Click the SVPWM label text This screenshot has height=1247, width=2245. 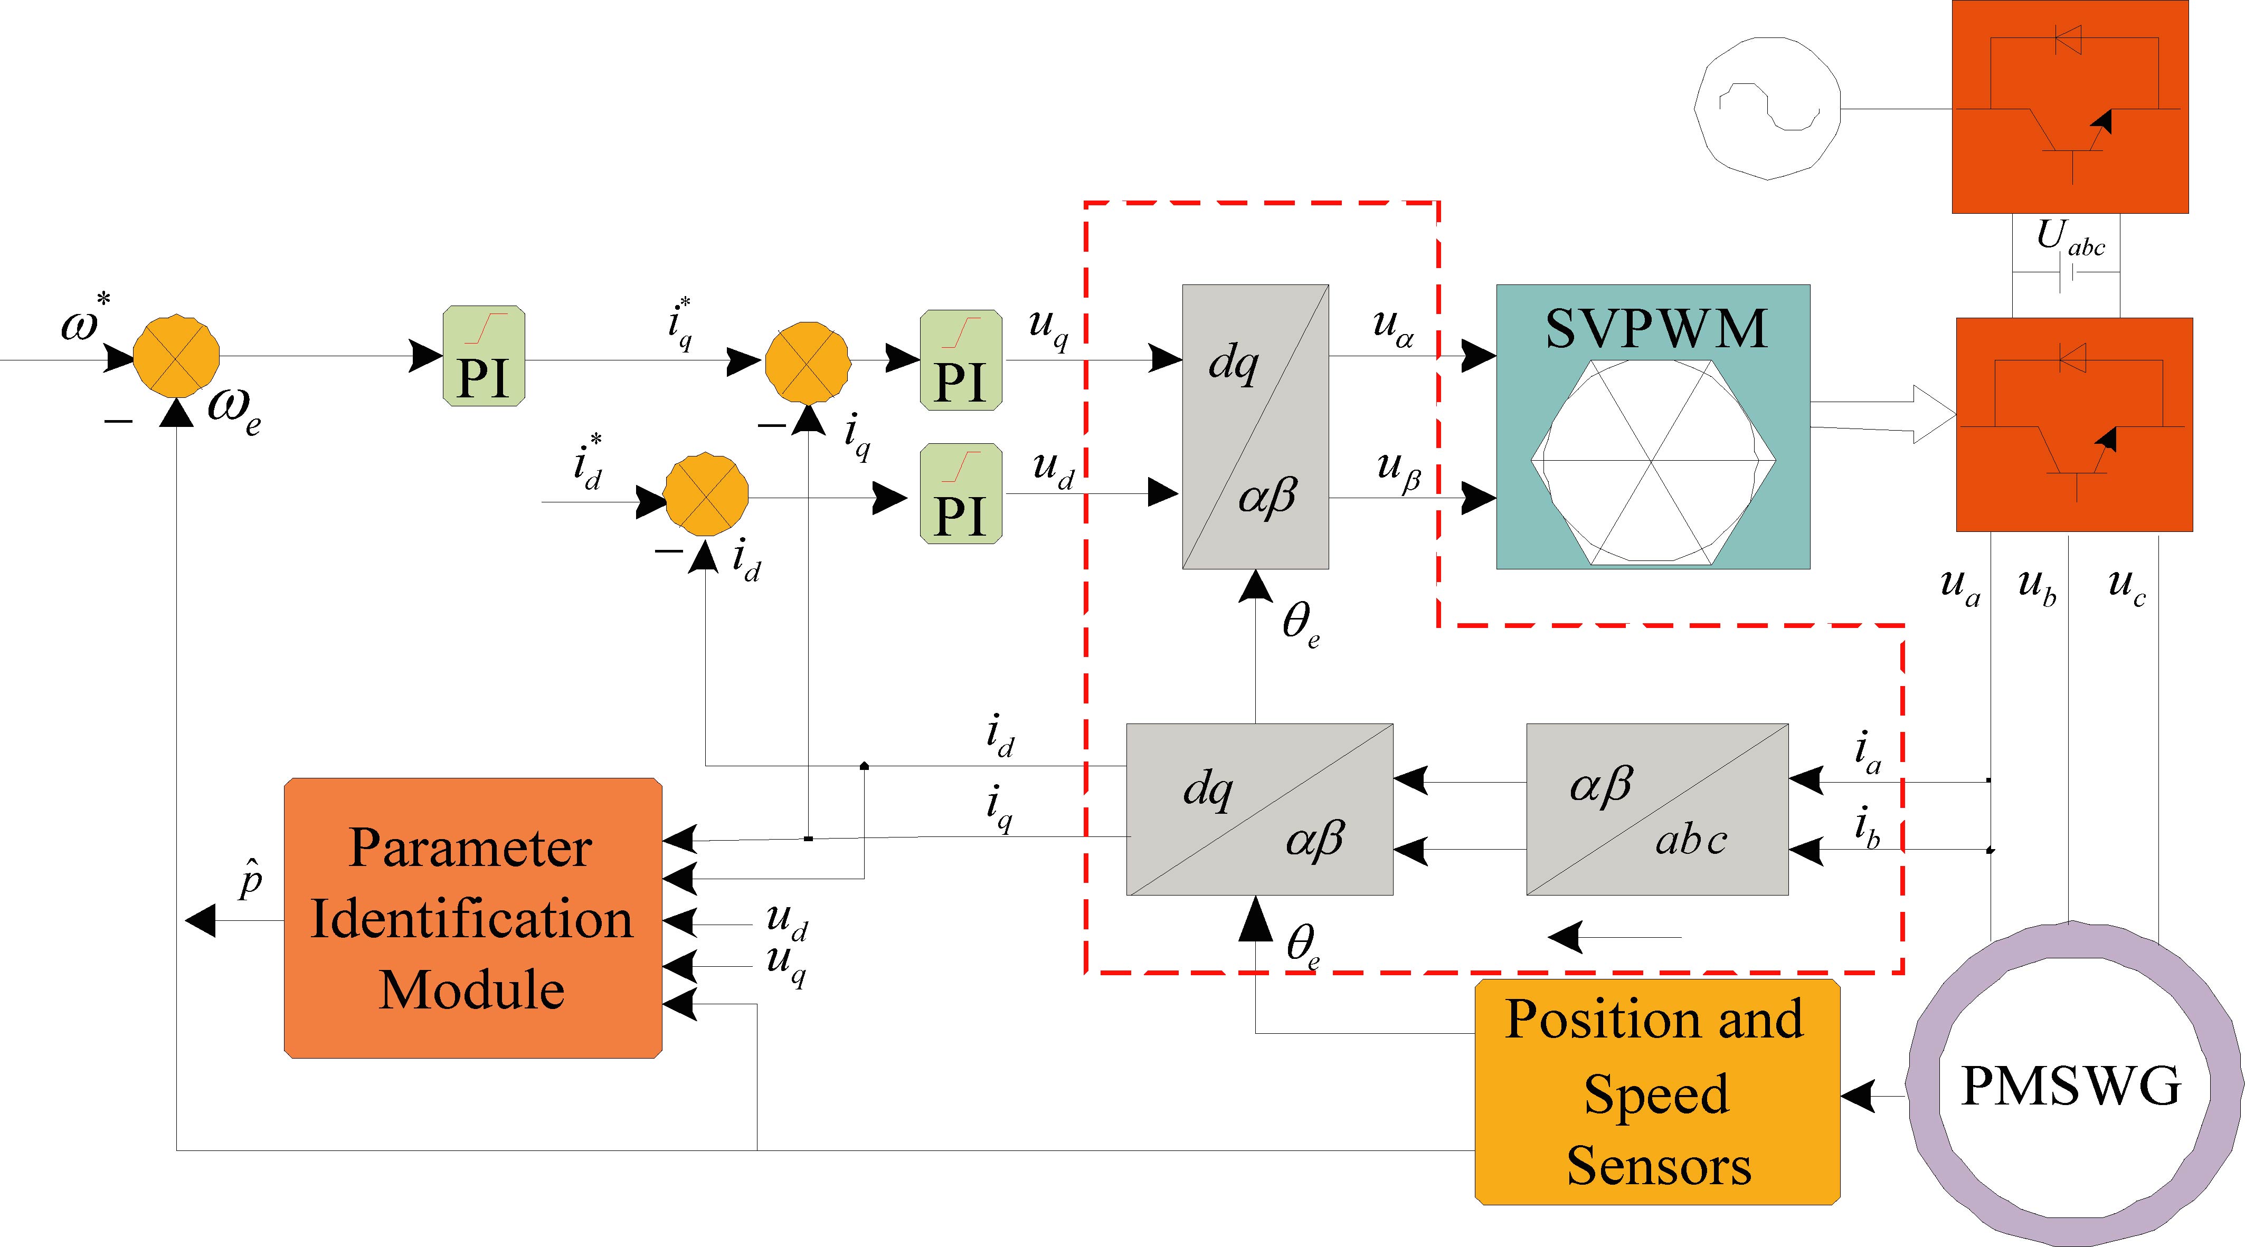tap(1656, 329)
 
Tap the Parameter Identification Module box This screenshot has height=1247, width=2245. tap(472, 918)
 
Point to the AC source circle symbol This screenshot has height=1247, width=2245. tap(1767, 109)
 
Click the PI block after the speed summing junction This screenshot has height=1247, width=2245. tap(484, 356)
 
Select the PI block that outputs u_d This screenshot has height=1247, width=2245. tap(960, 493)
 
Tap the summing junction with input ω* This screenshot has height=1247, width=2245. tap(176, 356)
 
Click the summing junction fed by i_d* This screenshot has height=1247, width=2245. tap(706, 493)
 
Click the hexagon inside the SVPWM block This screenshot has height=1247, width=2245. tap(1652, 462)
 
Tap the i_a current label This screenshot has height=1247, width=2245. tap(1867, 753)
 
